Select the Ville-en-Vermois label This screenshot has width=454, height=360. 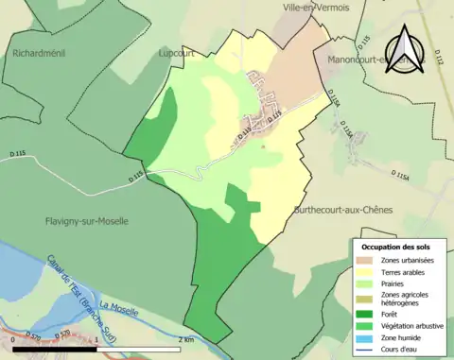pyautogui.click(x=316, y=8)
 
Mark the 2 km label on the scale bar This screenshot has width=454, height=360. pyautogui.click(x=187, y=339)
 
